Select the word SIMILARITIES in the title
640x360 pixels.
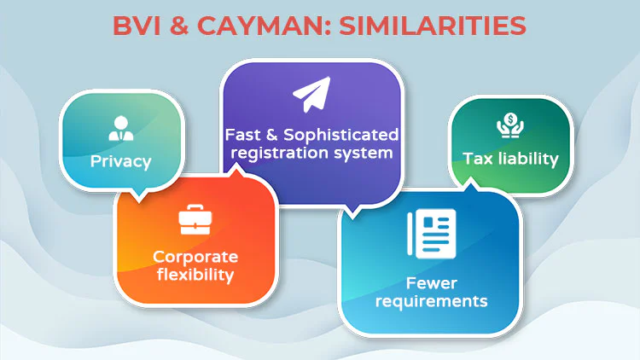point(433,26)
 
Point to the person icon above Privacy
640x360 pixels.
point(121,128)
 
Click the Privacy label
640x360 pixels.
point(121,161)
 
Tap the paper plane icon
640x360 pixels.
point(311,94)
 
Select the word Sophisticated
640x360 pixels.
point(340,134)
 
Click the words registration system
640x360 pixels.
point(311,153)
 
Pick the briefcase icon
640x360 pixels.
point(195,219)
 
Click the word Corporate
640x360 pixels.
point(195,257)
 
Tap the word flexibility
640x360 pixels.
point(195,275)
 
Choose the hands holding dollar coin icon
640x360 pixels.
point(510,125)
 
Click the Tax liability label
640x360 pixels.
point(510,159)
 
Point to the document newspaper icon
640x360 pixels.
point(432,234)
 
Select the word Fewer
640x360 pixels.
point(432,283)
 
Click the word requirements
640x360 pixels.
point(432,301)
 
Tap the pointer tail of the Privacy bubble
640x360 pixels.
point(139,195)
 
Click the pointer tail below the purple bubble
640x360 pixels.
point(352,211)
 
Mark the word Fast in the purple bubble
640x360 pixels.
point(243,134)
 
